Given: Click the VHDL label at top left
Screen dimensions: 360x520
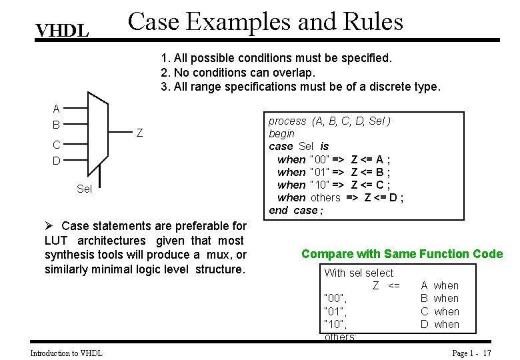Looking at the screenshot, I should click(x=62, y=31).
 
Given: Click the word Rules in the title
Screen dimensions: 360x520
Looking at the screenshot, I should click(x=370, y=21).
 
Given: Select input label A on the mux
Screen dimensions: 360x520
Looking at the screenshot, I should click(x=57, y=109).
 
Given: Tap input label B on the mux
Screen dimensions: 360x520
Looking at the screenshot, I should click(x=57, y=125).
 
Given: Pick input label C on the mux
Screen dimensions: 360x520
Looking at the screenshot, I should click(x=57, y=145).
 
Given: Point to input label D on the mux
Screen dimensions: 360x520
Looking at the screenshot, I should click(x=57, y=161).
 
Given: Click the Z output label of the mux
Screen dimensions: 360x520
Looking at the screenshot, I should click(x=139, y=133).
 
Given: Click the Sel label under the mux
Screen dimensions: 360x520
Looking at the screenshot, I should click(x=85, y=189).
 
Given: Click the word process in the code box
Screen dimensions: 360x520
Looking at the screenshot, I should click(x=287, y=121).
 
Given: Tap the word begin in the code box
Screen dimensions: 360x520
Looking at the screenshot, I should click(x=281, y=133).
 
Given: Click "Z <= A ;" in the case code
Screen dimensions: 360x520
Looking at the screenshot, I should click(x=370, y=159).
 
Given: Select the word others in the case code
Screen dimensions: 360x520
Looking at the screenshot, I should click(x=325, y=197).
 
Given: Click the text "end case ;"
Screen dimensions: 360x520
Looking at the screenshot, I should click(x=295, y=210).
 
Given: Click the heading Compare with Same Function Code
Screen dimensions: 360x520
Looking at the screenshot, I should click(x=402, y=253).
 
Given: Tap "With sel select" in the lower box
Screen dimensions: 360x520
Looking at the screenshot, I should click(x=359, y=273).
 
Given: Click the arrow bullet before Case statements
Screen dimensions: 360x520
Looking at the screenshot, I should click(x=49, y=227).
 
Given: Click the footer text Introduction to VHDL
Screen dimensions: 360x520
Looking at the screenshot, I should click(x=67, y=353).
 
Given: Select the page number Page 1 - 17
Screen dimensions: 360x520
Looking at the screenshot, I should click(x=471, y=353).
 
